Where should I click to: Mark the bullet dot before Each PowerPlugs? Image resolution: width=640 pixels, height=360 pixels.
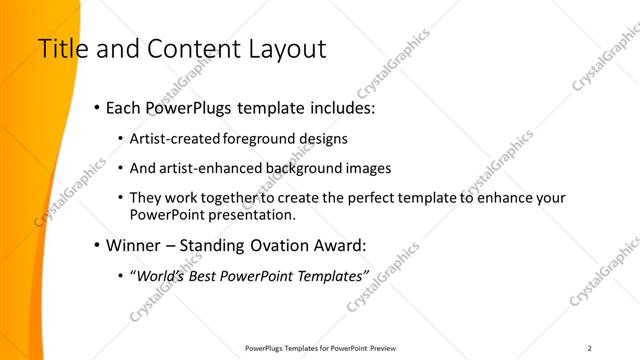pos(96,107)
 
